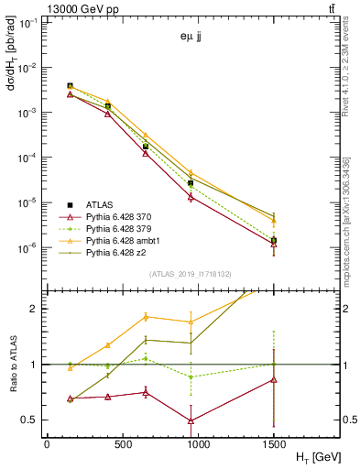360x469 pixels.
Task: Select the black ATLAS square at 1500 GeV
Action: pyautogui.click(x=274, y=240)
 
